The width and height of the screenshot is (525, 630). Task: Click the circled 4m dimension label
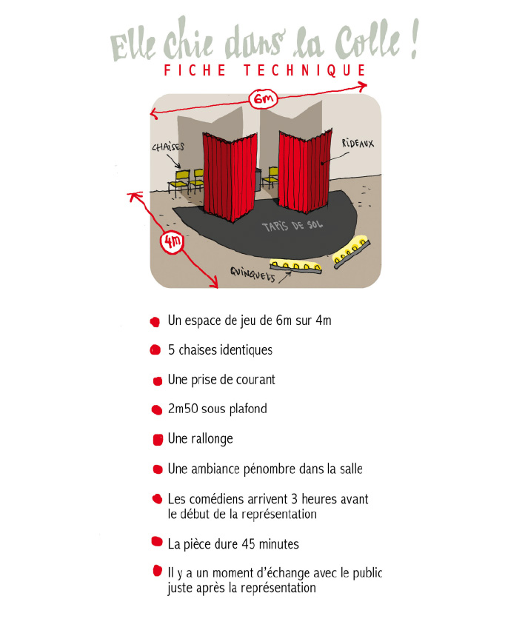point(173,242)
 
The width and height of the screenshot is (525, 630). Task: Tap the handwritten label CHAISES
point(167,147)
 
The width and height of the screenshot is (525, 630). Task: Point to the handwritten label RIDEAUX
point(358,143)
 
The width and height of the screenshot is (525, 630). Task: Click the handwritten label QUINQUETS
point(253,275)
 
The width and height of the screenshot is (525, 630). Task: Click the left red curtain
point(229,177)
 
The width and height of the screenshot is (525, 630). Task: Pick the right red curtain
point(305,170)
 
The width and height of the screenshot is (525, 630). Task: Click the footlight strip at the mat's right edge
point(352,252)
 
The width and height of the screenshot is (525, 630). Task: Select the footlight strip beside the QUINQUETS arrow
point(295,267)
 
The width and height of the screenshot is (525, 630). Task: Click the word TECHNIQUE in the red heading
point(305,70)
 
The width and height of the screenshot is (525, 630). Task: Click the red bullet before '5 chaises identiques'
point(156,350)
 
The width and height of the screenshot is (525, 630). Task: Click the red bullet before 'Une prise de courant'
point(157,381)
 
